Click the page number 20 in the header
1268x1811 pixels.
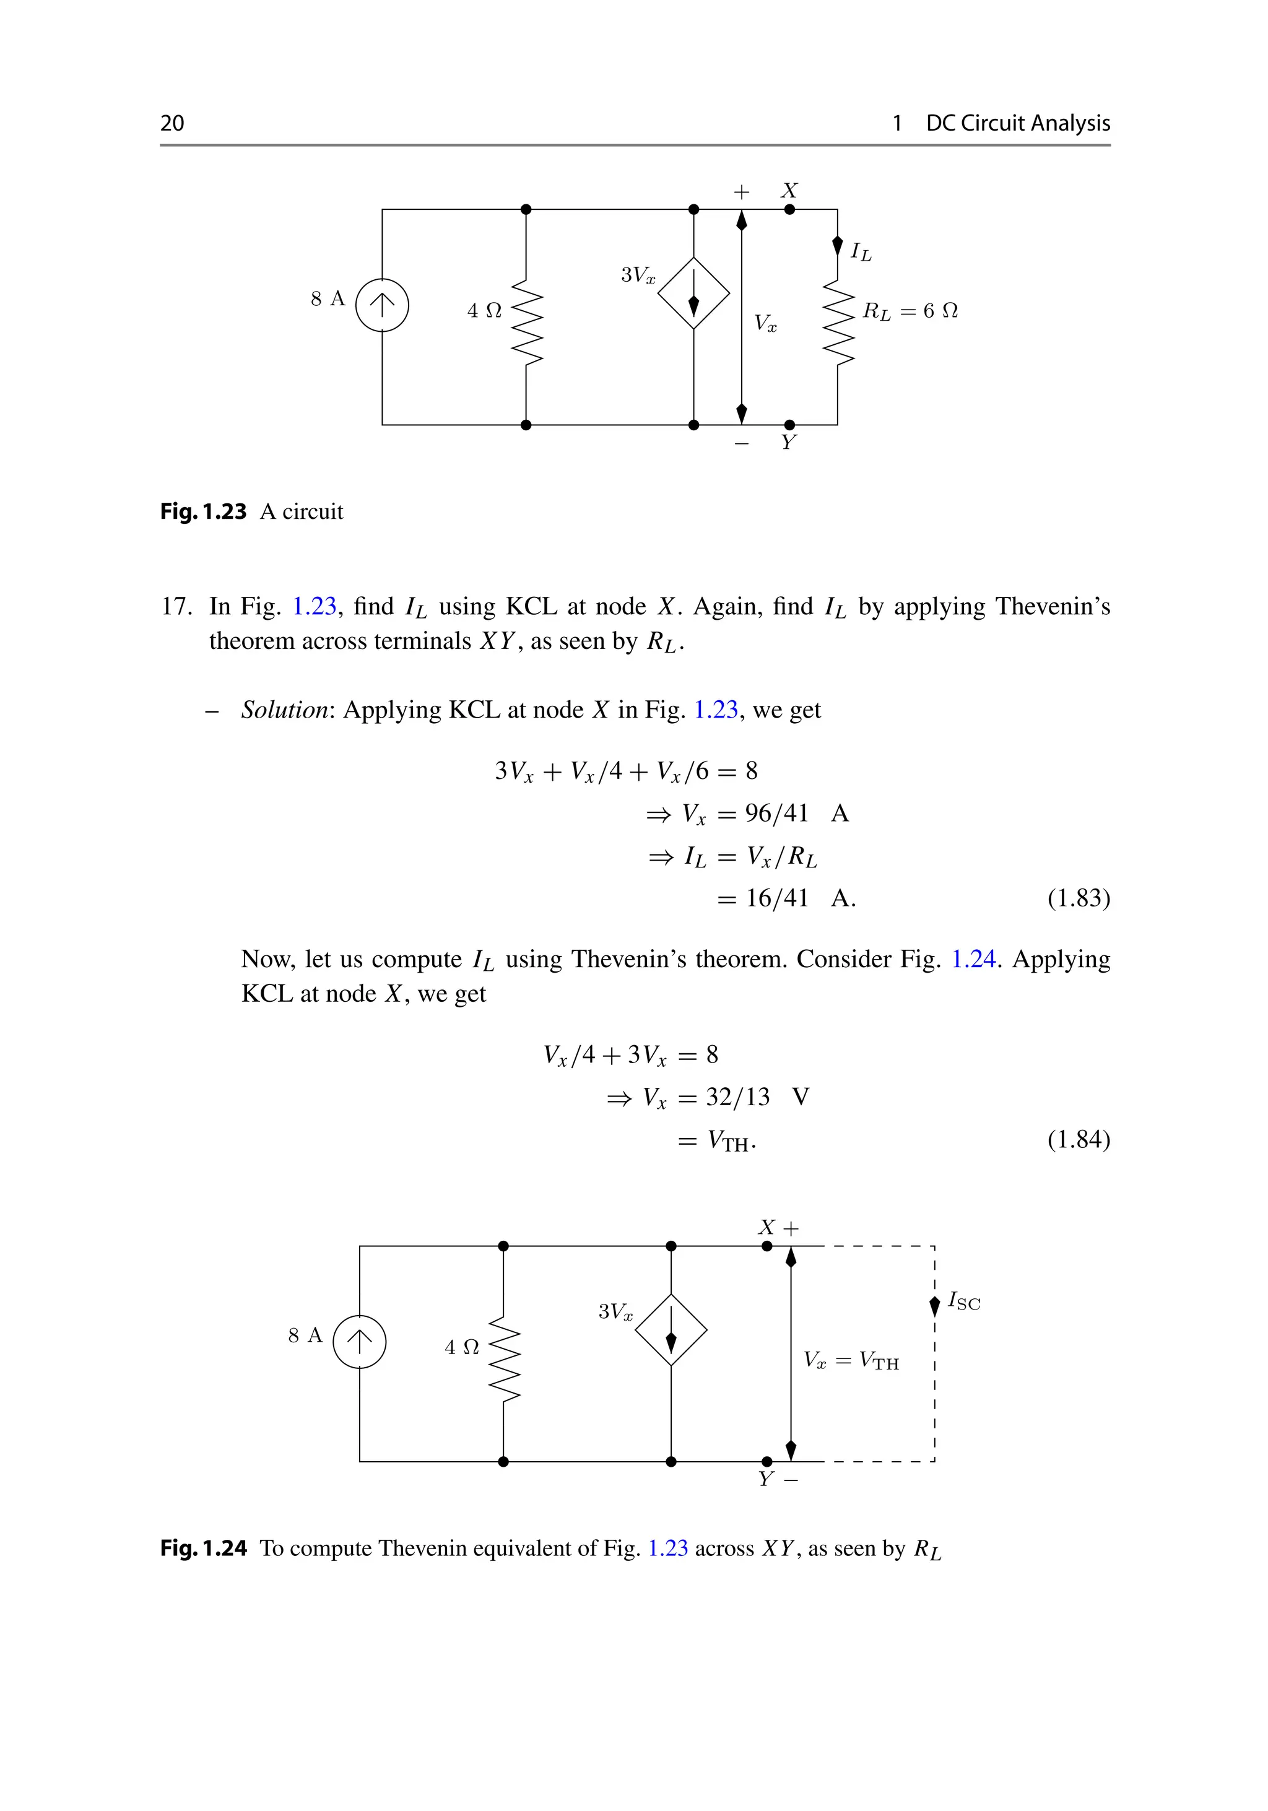coord(172,123)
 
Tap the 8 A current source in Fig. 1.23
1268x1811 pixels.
coord(383,305)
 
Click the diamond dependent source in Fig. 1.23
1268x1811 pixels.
coord(694,293)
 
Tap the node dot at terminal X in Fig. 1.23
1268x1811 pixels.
coord(789,210)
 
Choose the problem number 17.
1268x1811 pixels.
coord(176,607)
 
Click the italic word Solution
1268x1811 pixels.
coord(285,710)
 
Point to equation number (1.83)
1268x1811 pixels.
coord(1078,898)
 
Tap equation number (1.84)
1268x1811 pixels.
coord(1078,1140)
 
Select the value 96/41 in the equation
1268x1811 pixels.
coord(777,813)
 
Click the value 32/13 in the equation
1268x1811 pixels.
coord(737,1097)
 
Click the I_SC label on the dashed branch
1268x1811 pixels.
coord(963,1301)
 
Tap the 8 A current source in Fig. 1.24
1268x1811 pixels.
coord(360,1342)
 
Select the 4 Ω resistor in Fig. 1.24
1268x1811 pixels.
coord(504,1358)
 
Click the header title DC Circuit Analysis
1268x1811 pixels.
coord(1017,123)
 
